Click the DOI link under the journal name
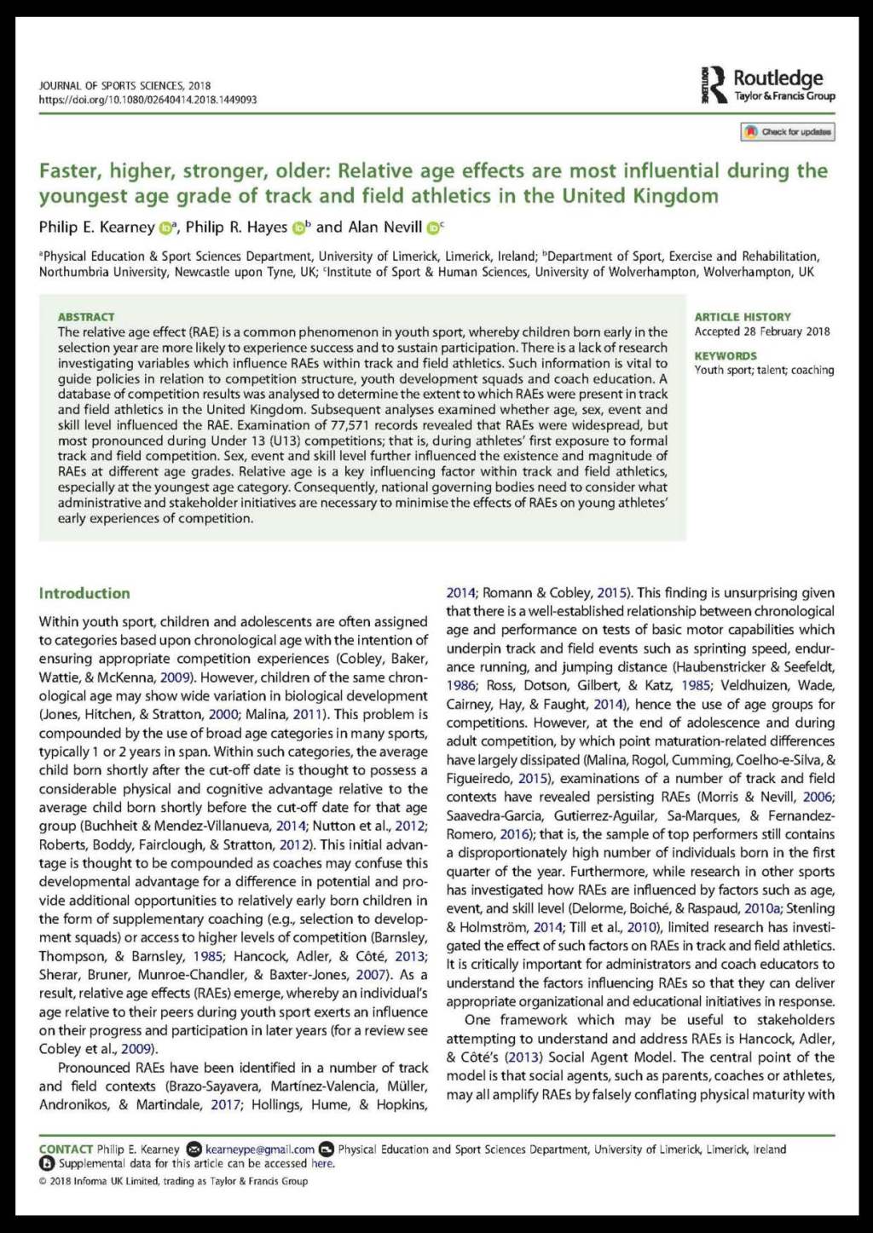[147, 100]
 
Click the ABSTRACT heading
[86, 317]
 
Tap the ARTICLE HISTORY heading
[743, 317]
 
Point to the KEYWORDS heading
[726, 356]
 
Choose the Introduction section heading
[84, 593]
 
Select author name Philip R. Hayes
[236, 227]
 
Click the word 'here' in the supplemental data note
[322, 1163]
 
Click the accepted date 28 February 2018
[782, 332]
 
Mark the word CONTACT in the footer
[66, 1149]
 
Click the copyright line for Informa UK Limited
[173, 1181]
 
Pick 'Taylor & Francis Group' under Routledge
[784, 96]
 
